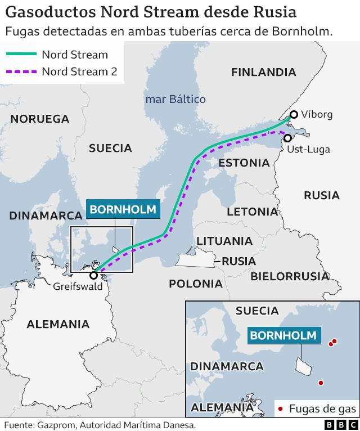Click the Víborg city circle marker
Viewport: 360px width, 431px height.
point(294,114)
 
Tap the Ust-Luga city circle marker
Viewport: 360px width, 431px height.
point(287,138)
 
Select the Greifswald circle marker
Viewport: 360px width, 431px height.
point(93,275)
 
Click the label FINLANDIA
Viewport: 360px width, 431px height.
point(263,72)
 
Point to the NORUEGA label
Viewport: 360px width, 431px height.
point(40,119)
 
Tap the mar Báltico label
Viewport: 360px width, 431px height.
point(175,99)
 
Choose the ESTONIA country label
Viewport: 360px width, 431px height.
point(244,163)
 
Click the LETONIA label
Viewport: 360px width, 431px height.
point(252,212)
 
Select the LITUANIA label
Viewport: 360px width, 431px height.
point(224,241)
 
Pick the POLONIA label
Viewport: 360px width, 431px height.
point(196,284)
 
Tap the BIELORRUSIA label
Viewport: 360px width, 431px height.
point(290,276)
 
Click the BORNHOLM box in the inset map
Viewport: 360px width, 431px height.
point(283,336)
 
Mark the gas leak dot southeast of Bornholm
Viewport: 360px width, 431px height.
point(321,383)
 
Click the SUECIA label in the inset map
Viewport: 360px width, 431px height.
point(257,311)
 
